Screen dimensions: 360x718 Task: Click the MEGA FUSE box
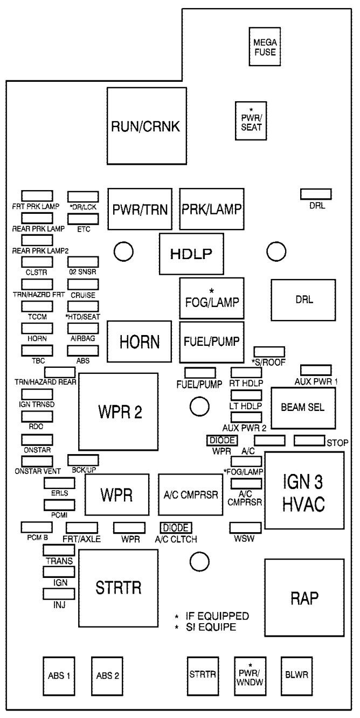coord(265,46)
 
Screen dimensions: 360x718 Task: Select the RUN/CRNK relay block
coord(147,126)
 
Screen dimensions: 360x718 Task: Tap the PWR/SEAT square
coord(251,121)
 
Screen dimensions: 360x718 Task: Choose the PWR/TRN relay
coord(140,209)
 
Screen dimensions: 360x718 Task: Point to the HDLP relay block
coord(191,254)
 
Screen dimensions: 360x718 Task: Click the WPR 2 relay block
coord(118,412)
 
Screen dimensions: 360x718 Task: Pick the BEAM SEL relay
coord(303,408)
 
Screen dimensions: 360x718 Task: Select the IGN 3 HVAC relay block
coord(304,490)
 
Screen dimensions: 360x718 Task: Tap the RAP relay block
coord(304,597)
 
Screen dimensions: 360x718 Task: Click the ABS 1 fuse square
coord(59,675)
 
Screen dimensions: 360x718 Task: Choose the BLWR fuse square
coord(297,675)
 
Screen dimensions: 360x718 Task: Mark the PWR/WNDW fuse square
coord(250,675)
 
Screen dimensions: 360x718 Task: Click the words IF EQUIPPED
coord(217,616)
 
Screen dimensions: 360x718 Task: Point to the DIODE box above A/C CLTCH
coord(176,527)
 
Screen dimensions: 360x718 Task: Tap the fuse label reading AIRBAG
coord(82,338)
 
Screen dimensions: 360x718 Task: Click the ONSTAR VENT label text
coord(38,471)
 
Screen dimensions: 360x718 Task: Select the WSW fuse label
coord(244,539)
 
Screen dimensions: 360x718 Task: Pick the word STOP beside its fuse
coord(337,443)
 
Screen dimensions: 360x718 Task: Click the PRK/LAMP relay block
coord(212,209)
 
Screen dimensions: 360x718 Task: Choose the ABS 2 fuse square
coord(107,675)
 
